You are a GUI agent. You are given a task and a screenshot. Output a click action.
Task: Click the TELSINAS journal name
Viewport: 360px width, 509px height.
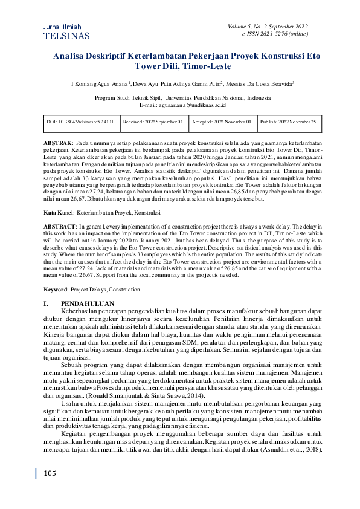(67, 36)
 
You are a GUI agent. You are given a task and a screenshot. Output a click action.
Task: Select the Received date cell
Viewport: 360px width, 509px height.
(153, 122)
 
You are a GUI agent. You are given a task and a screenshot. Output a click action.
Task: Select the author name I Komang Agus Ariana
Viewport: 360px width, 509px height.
(99, 84)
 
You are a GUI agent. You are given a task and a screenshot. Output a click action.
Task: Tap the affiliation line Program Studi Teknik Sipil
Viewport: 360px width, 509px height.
(183, 97)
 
